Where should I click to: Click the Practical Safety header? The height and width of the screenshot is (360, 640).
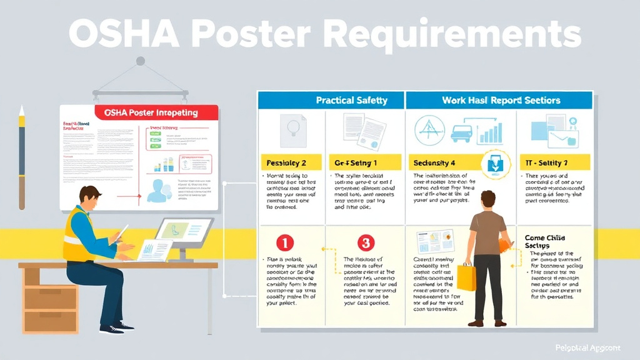351,100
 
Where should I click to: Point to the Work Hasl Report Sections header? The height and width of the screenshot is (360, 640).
501,100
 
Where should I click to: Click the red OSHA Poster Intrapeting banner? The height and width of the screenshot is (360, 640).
156,112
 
